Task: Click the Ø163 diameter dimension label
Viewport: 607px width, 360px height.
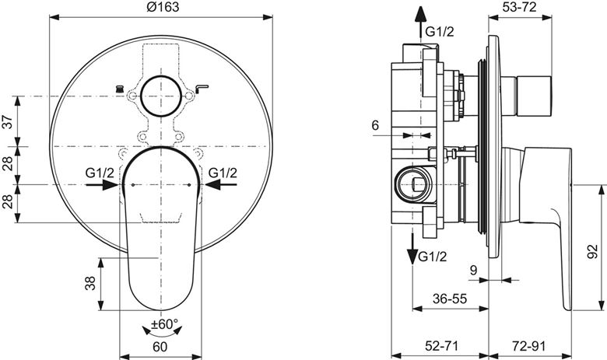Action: (x=163, y=6)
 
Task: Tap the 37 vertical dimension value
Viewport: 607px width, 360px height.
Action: (x=9, y=122)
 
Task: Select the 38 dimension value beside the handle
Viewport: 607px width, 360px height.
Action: (x=89, y=283)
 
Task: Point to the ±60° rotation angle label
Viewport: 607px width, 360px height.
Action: (x=164, y=324)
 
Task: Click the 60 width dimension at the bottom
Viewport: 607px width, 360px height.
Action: (x=160, y=347)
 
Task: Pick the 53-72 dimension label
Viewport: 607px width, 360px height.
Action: (x=521, y=6)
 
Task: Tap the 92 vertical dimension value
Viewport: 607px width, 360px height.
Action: (x=592, y=251)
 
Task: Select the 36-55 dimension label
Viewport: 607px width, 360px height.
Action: (x=450, y=298)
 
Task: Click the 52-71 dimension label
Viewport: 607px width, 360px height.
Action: (x=441, y=346)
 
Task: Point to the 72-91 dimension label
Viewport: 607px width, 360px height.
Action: (x=529, y=346)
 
